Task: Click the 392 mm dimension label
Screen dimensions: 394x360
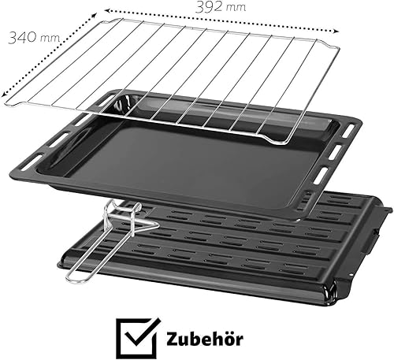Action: click(x=221, y=7)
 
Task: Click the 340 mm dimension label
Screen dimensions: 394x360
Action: click(x=34, y=38)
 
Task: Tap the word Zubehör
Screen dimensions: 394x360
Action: click(x=205, y=340)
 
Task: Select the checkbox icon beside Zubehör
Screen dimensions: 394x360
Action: click(x=138, y=337)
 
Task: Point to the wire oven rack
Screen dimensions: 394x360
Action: click(x=172, y=79)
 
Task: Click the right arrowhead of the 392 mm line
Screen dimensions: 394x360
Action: click(x=336, y=32)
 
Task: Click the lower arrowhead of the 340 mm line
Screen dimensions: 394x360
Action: click(x=4, y=95)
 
